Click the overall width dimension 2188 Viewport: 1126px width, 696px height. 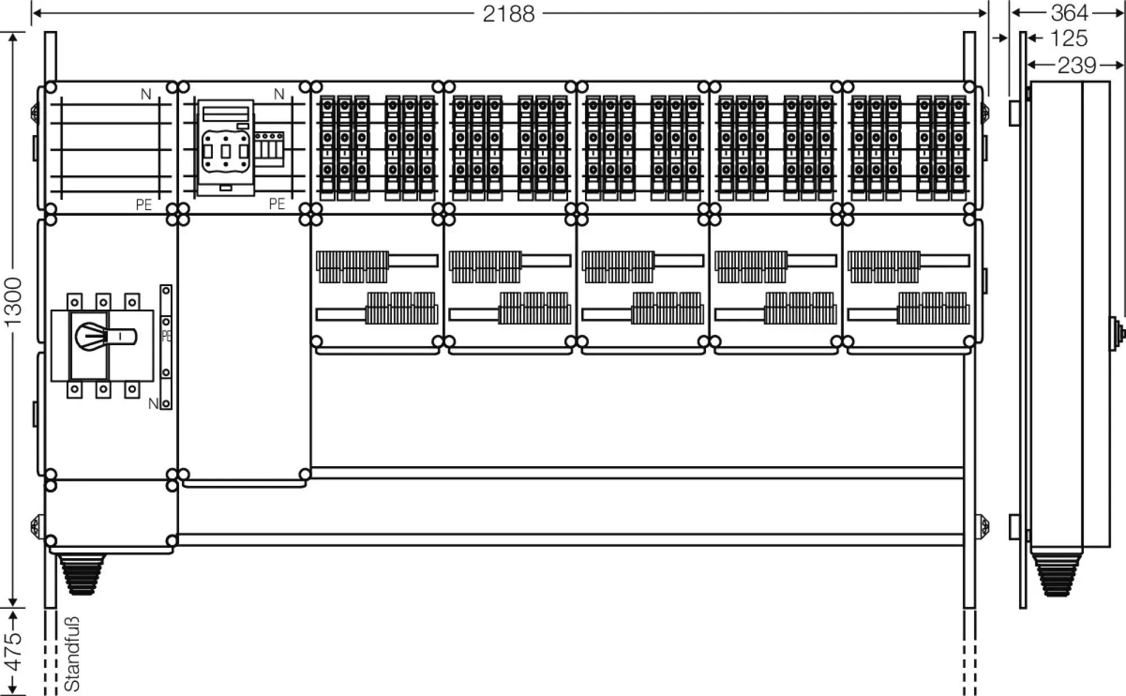click(508, 14)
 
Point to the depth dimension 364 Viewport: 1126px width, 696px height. click(1069, 12)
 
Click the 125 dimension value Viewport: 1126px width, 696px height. click(1069, 38)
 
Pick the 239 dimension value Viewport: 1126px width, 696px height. click(1076, 65)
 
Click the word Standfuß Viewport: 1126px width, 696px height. click(72, 653)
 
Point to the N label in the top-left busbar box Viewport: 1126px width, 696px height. click(146, 94)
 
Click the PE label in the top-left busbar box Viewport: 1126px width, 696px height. click(144, 204)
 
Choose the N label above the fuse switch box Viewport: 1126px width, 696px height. click(279, 94)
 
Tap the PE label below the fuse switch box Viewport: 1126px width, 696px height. click(277, 203)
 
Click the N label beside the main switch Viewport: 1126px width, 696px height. click(153, 403)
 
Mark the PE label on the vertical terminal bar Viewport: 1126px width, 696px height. click(166, 336)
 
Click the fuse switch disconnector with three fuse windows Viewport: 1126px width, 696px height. click(225, 148)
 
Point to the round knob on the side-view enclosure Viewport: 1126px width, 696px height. click(1116, 332)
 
